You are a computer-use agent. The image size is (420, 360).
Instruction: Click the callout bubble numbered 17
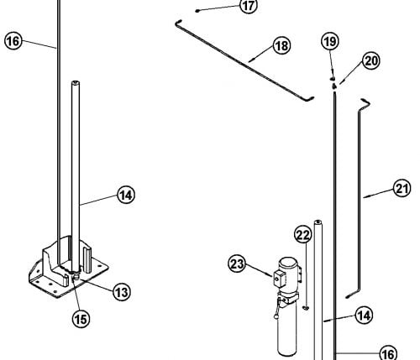[249, 5]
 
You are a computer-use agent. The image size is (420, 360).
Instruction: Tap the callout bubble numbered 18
[281, 45]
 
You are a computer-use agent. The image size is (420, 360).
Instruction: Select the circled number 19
[330, 41]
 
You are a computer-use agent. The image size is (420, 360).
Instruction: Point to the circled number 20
[371, 60]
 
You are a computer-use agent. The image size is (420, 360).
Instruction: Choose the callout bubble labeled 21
[402, 188]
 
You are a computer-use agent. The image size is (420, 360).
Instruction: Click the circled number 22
[303, 235]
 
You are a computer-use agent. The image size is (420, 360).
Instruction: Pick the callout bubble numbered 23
[237, 263]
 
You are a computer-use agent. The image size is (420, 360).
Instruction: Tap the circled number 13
[122, 292]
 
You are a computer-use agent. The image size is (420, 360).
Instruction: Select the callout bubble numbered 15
[81, 319]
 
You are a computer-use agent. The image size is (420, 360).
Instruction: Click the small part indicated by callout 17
[197, 11]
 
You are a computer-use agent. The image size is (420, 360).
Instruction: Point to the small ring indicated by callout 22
[306, 308]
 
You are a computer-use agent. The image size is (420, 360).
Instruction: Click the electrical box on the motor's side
[279, 278]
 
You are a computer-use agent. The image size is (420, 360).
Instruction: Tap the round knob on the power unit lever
[276, 316]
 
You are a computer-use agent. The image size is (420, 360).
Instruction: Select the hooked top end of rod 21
[366, 102]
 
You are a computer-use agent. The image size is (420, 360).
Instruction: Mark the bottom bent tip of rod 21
[349, 296]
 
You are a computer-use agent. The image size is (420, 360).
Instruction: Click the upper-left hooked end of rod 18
[178, 23]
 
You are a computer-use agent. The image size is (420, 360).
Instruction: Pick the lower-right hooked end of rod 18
[309, 98]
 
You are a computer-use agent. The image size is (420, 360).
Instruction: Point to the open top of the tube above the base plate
[76, 82]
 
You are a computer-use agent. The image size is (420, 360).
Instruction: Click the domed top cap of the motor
[288, 263]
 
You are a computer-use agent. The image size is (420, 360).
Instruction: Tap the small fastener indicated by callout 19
[333, 79]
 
